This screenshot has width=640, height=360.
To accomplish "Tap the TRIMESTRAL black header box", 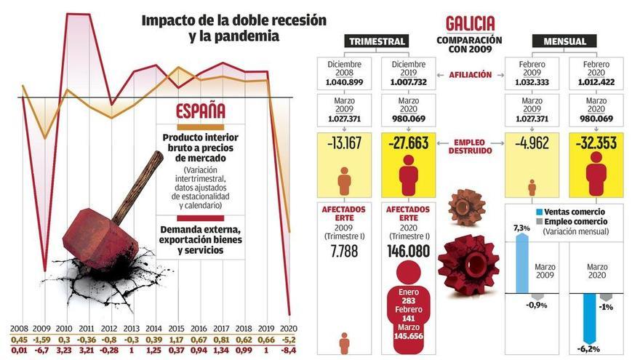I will pyautogui.click(x=377, y=41).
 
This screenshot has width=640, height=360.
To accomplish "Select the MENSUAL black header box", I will pyautogui.click(x=564, y=41).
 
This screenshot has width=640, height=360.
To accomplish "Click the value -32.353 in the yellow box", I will pyautogui.click(x=596, y=144).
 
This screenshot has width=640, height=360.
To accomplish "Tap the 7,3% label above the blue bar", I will pyautogui.click(x=521, y=228).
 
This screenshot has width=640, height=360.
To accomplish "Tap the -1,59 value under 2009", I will pyautogui.click(x=42, y=339).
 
